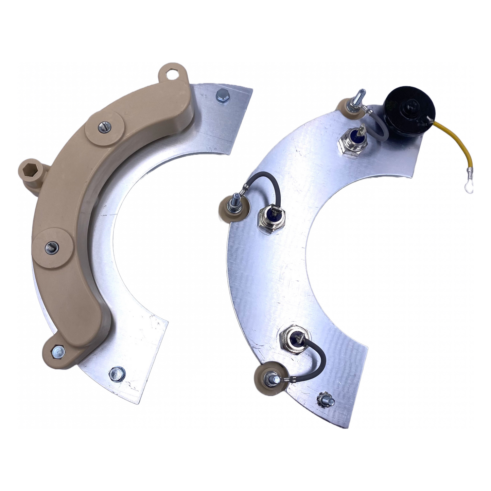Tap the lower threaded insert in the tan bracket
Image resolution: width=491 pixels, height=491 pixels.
[x=51, y=246]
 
